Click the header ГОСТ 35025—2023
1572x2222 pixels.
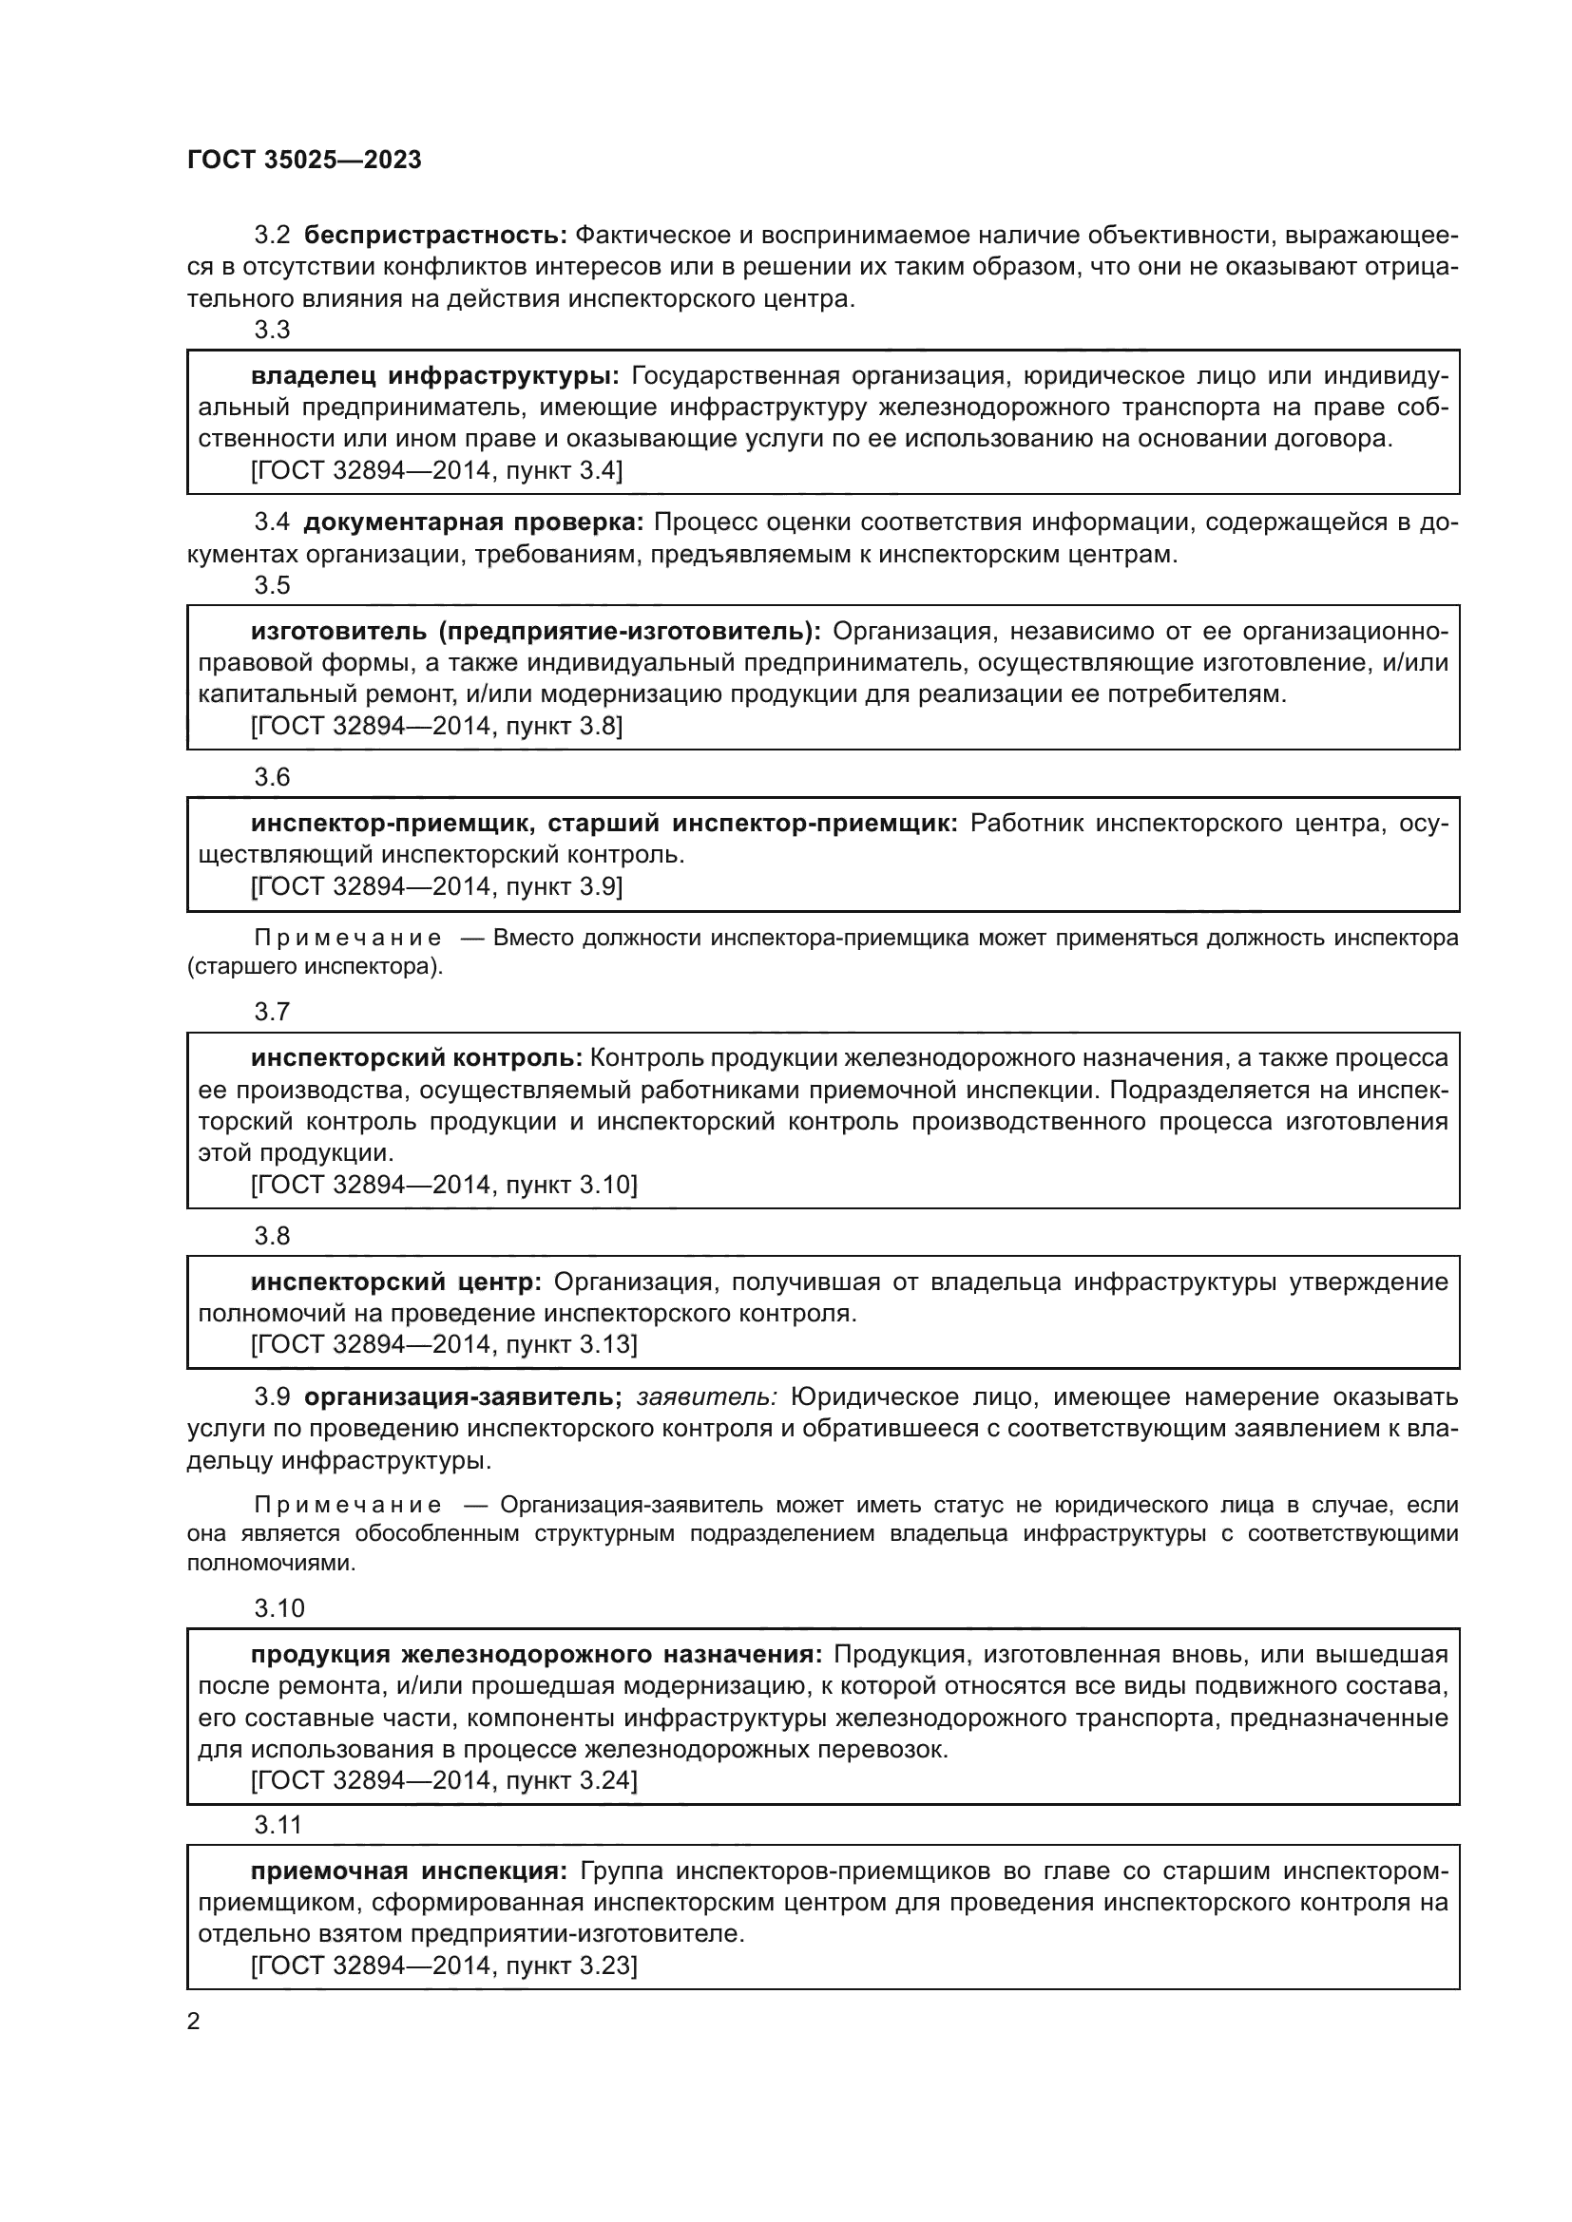pyautogui.click(x=304, y=161)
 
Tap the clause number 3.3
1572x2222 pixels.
pyautogui.click(x=272, y=330)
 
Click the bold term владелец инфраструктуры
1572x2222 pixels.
pyautogui.click(x=434, y=375)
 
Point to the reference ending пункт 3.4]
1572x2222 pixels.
pyautogui.click(x=435, y=470)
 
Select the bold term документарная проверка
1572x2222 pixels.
pyautogui.click(x=473, y=522)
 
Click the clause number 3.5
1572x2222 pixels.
pyautogui.click(x=272, y=585)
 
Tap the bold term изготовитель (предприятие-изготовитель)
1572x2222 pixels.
pyautogui.click(x=535, y=631)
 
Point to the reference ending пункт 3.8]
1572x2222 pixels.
pyautogui.click(x=435, y=726)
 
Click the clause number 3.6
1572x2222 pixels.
pyautogui.click(x=272, y=777)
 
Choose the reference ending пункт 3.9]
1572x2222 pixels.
pyautogui.click(x=435, y=886)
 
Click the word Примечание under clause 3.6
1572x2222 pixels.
pyautogui.click(x=348, y=938)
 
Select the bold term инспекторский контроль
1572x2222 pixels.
pyautogui.click(x=416, y=1057)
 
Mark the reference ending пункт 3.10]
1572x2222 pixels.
pyautogui.click(x=443, y=1185)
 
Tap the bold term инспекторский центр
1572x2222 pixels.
pyautogui.click(x=396, y=1282)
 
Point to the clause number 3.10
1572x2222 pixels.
pyautogui.click(x=278, y=1608)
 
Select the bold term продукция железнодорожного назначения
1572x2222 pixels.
pyautogui.click(x=535, y=1654)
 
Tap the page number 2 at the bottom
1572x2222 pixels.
pyautogui.click(x=194, y=2022)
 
